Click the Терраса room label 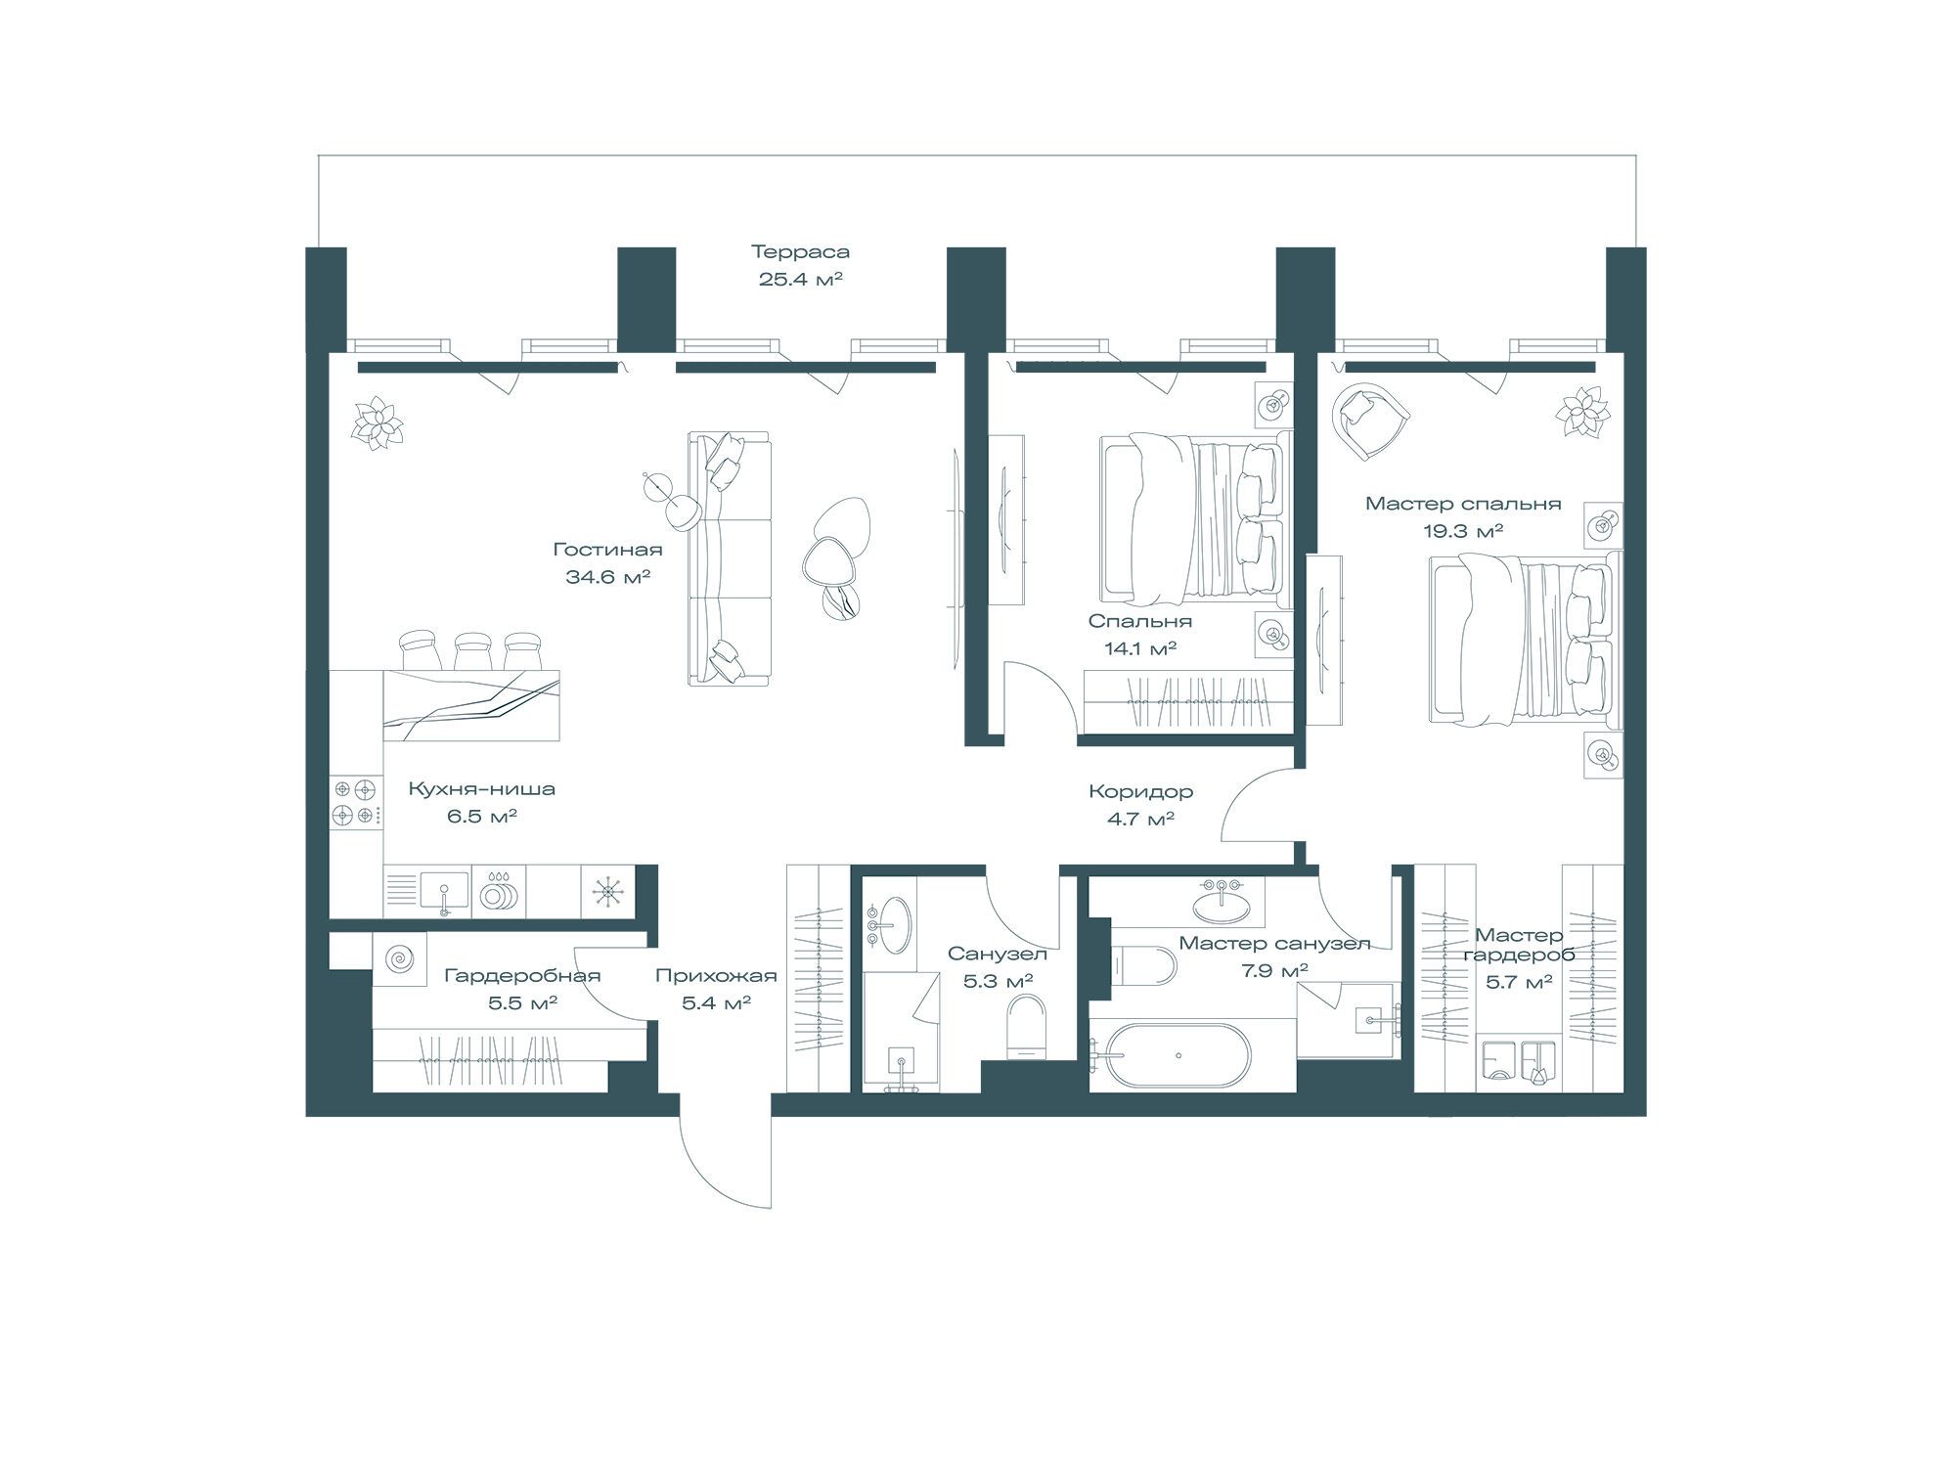point(800,252)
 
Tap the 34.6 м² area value point(607,576)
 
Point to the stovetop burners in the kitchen point(355,801)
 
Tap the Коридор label point(1140,792)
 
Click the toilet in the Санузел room point(1027,1026)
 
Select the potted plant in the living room point(377,424)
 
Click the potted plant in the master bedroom point(1581,411)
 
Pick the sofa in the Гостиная point(730,558)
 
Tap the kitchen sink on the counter point(444,893)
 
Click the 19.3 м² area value point(1463,530)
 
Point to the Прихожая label point(716,975)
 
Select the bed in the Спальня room point(1194,517)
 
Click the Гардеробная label point(522,975)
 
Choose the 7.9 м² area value point(1273,970)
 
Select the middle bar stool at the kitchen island point(473,651)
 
